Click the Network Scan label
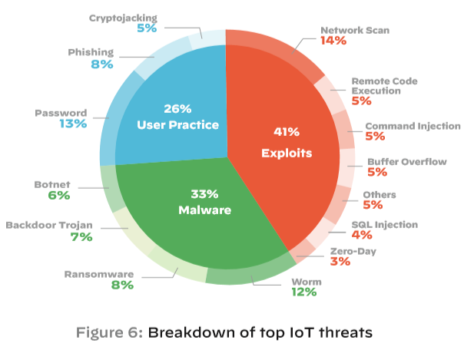(x=355, y=30)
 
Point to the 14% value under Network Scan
(x=333, y=41)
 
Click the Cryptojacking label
(x=123, y=17)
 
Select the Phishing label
(x=91, y=52)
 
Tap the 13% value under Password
(x=74, y=124)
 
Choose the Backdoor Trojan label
(x=49, y=225)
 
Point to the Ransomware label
(x=99, y=273)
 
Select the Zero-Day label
(x=353, y=250)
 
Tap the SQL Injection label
(x=384, y=225)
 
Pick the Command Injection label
(x=413, y=126)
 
